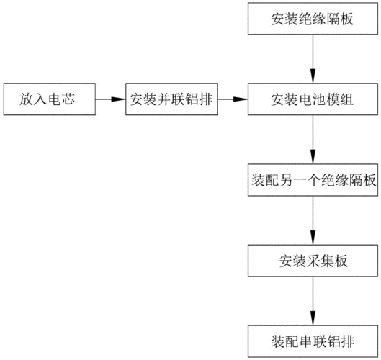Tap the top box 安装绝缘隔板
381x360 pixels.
(313, 19)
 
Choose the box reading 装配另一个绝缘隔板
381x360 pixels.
(313, 180)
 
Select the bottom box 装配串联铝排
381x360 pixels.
(313, 339)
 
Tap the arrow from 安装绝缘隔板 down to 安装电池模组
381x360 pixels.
(313, 58)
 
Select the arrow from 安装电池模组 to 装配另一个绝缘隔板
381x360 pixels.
(313, 140)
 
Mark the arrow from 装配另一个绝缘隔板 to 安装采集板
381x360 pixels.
(313, 220)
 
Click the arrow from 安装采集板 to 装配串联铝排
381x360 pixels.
(313, 300)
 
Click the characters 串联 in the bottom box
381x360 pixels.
(313, 339)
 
